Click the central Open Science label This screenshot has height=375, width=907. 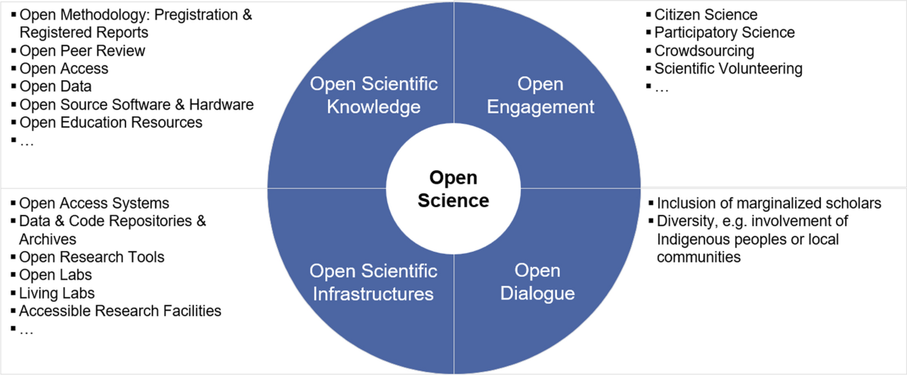pyautogui.click(x=453, y=189)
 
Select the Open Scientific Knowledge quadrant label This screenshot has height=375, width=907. pyautogui.click(x=373, y=95)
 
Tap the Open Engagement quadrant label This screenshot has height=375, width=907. pyautogui.click(x=540, y=95)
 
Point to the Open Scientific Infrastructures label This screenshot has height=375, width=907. pyautogui.click(x=373, y=281)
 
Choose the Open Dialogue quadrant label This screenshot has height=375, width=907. pyautogui.click(x=537, y=281)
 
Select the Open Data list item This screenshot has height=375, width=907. pyautogui.click(x=54, y=86)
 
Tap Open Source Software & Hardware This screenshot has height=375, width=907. pyautogui.click(x=136, y=104)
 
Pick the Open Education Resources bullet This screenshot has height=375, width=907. pyautogui.click(x=110, y=122)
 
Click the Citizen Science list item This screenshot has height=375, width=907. pyautogui.click(x=705, y=14)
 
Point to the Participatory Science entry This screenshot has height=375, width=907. pyautogui.click(x=724, y=33)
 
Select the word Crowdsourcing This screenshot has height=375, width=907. pyautogui.click(x=704, y=51)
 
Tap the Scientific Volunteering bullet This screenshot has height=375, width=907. pyautogui.click(x=728, y=69)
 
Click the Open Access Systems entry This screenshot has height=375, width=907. pyautogui.click(x=94, y=203)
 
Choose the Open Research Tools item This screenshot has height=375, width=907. pyautogui.click(x=91, y=257)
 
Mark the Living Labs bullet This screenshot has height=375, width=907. pyautogui.click(x=57, y=293)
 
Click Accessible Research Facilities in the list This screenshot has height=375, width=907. pyautogui.click(x=119, y=311)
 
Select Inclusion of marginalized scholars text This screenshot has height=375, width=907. pyautogui.click(x=769, y=203)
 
